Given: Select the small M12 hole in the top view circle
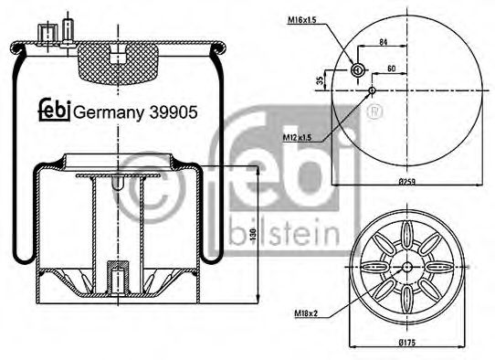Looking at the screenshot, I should click(374, 90).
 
